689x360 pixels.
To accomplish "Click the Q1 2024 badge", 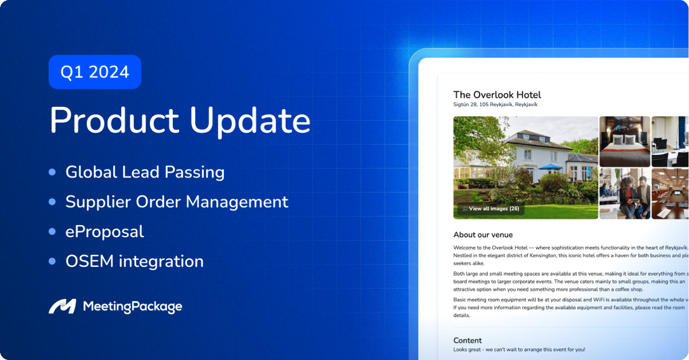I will tap(95, 72).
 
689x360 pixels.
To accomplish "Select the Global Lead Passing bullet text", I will tap(145, 172).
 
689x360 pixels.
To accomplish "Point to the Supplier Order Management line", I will tap(176, 202).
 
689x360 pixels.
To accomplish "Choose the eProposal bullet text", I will tap(104, 231).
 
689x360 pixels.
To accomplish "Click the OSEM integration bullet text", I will tap(134, 261).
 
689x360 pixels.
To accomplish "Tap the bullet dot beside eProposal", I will tap(53, 231).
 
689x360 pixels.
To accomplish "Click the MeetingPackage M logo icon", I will tap(62, 307).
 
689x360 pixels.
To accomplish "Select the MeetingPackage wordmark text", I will tap(133, 307).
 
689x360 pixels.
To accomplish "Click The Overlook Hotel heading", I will tap(497, 95).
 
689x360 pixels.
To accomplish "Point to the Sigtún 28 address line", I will tap(495, 105).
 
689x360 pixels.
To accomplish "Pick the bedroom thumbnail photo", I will tap(625, 141).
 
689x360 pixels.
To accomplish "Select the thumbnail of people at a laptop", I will tap(625, 193).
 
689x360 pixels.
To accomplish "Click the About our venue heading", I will tap(483, 235).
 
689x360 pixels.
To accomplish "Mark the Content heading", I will tap(467, 340).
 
